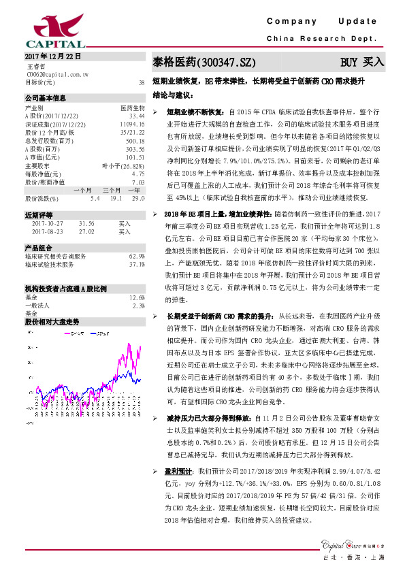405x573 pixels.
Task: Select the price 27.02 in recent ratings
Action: pyautogui.click(x=86, y=231)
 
